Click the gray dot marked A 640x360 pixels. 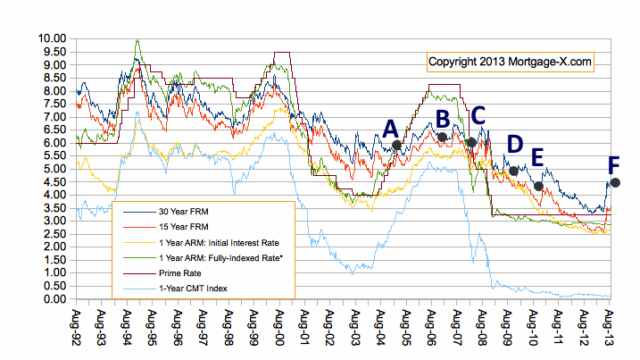click(x=397, y=145)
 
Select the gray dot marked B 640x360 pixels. click(x=442, y=137)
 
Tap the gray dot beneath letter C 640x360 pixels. click(x=471, y=142)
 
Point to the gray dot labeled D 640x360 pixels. click(x=513, y=171)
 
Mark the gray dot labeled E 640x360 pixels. click(x=538, y=186)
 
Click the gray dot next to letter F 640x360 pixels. click(x=615, y=182)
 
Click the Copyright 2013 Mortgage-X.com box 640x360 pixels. click(x=509, y=62)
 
